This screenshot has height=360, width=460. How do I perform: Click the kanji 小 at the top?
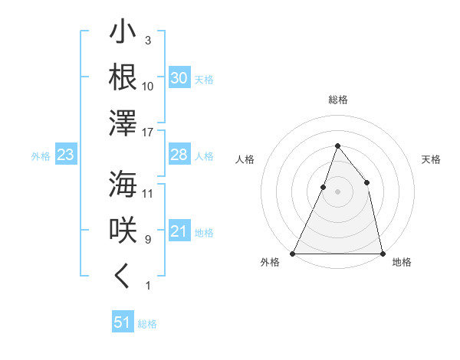tap(123, 34)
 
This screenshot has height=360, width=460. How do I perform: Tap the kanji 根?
tap(123, 77)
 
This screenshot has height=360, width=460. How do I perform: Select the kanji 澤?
tap(123, 123)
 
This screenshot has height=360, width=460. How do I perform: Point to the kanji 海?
tap(123, 185)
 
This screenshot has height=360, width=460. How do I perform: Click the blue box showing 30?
tap(179, 78)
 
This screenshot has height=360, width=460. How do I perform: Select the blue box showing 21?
tap(179, 231)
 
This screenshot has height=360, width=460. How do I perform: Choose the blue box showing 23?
tap(65, 155)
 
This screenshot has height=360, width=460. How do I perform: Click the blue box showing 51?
tap(123, 322)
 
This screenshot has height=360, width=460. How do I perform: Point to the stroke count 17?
tap(148, 132)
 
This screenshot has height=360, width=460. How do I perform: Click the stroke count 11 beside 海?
tap(148, 193)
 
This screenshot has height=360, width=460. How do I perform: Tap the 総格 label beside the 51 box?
tap(147, 324)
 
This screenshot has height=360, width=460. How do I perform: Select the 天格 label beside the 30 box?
tap(204, 80)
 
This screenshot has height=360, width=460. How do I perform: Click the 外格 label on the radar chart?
tap(270, 263)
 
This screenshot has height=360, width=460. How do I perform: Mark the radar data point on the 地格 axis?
tap(382, 254)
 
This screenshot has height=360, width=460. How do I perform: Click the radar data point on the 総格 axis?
tap(337, 146)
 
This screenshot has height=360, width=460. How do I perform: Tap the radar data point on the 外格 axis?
tap(293, 254)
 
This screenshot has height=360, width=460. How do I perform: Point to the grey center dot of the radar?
tap(337, 192)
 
